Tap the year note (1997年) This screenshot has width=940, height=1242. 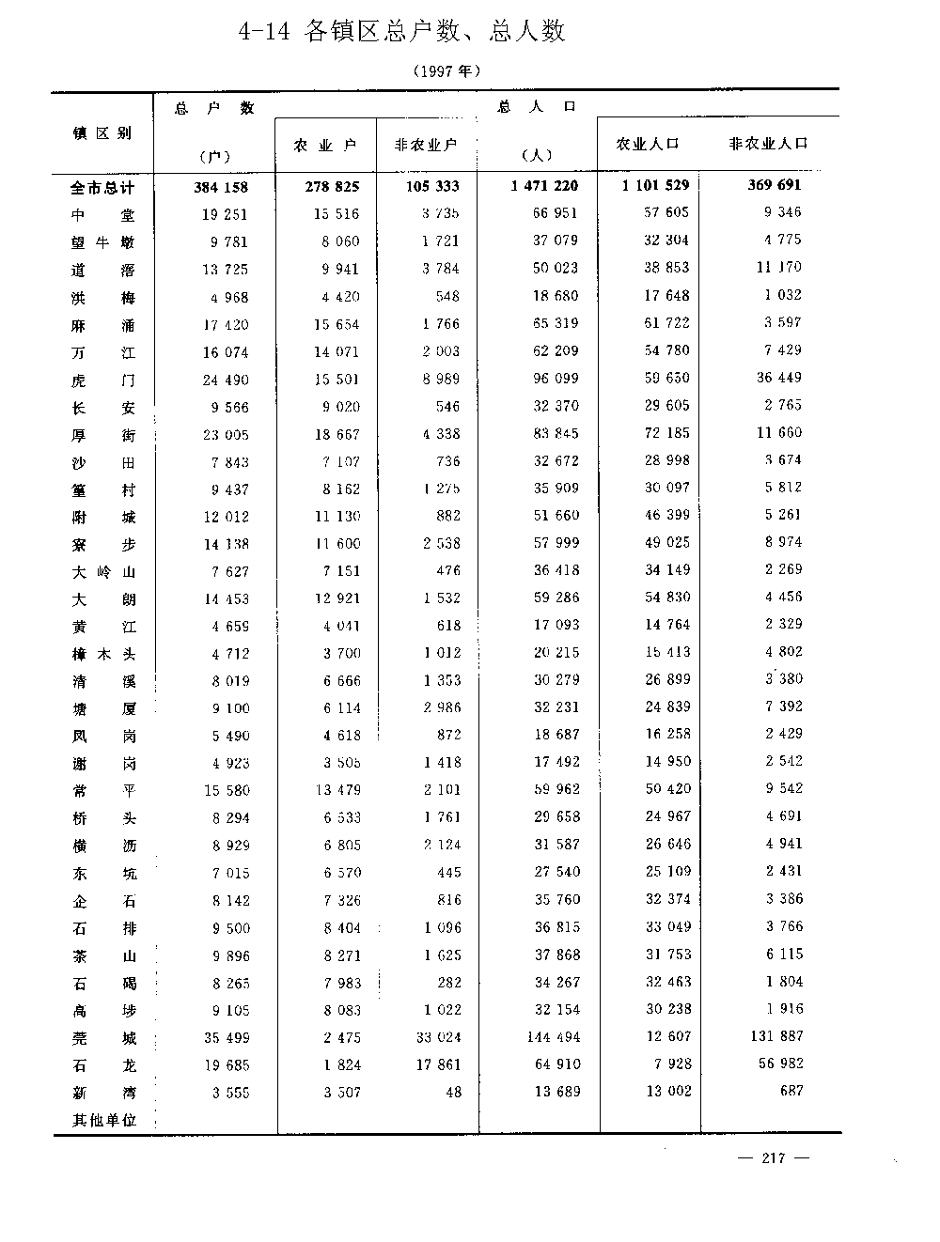point(446,70)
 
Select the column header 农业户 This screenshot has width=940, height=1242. point(325,146)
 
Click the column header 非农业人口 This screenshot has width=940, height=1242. point(768,144)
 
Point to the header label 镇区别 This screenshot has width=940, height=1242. point(102,133)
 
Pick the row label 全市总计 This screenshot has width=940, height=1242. point(102,187)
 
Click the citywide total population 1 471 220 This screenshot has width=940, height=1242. point(545,186)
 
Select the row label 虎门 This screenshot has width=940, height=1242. point(102,380)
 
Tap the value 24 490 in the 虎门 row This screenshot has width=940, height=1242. point(226,380)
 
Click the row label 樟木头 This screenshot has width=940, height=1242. point(102,655)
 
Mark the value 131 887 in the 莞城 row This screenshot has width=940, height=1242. point(776,1036)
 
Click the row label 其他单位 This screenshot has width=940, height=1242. point(104,1120)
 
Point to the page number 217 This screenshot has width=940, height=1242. point(774,1157)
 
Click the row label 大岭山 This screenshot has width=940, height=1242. point(102,571)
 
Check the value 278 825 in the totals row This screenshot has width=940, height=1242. point(332,187)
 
